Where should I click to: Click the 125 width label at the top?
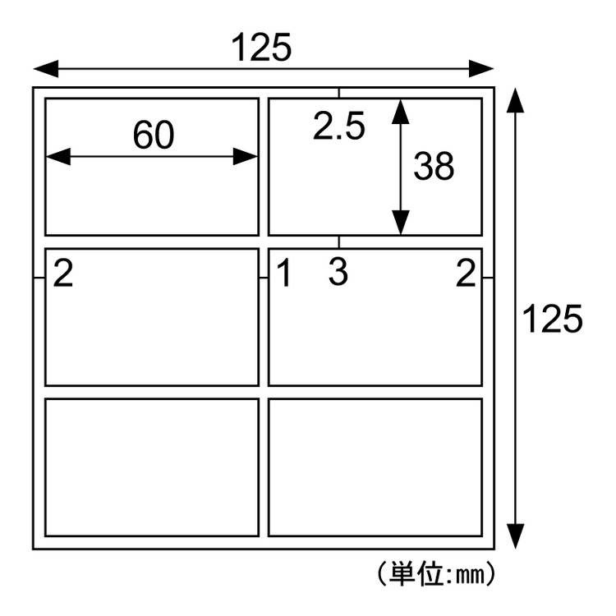(x=262, y=47)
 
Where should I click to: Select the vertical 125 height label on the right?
(x=553, y=319)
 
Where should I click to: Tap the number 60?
(x=154, y=135)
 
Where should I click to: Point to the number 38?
(x=434, y=166)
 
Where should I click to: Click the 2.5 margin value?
(x=339, y=126)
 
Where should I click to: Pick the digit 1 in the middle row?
(x=283, y=273)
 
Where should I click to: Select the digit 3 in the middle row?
(x=338, y=272)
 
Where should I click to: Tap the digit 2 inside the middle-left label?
(x=63, y=273)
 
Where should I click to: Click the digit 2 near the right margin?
(x=466, y=273)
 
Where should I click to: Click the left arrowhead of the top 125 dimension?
(x=46, y=69)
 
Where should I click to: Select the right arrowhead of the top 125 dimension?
(x=481, y=69)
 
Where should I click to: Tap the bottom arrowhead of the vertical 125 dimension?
(x=515, y=536)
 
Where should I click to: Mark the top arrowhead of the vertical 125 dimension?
(x=515, y=100)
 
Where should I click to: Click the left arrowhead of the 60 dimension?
(x=58, y=156)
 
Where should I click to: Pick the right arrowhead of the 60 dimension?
(x=246, y=156)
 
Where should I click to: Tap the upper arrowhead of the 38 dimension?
(x=400, y=111)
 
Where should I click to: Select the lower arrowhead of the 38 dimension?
(x=400, y=223)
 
